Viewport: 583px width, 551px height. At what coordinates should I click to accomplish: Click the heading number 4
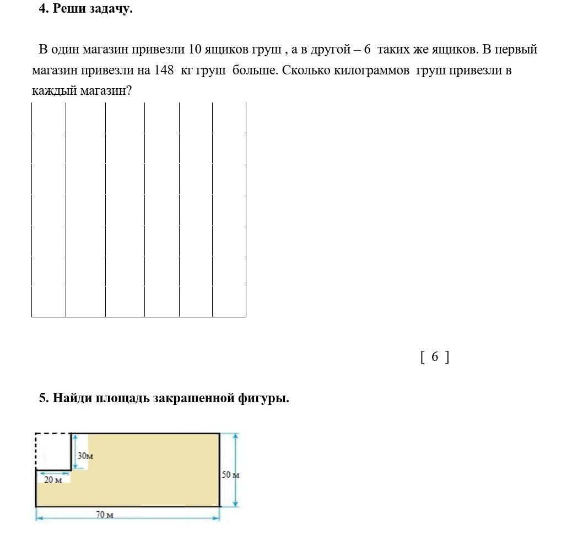point(42,9)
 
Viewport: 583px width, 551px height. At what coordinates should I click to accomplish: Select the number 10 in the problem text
point(195,50)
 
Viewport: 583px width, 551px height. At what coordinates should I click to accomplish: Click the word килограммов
point(372,71)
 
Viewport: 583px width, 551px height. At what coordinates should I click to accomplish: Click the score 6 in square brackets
point(435,356)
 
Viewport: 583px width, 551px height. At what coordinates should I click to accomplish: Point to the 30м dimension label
point(85,456)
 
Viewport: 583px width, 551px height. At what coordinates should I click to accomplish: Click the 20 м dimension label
point(53,479)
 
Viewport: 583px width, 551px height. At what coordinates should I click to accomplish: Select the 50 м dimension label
point(230,474)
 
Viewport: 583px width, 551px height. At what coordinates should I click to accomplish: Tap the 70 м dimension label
point(104,515)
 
